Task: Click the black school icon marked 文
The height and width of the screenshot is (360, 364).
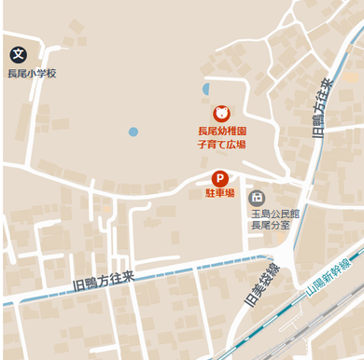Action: [x=19, y=56]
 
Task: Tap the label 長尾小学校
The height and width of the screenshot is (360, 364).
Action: [x=33, y=74]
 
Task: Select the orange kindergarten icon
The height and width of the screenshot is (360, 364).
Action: [x=221, y=114]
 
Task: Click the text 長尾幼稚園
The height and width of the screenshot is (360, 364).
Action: [x=221, y=132]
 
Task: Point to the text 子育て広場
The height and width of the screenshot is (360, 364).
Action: [x=221, y=145]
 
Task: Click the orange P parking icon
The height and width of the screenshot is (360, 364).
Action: [x=220, y=178]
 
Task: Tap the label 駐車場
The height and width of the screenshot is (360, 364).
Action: [x=220, y=195]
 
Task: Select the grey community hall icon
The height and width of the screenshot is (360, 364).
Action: [x=257, y=198]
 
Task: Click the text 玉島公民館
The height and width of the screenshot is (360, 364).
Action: [x=271, y=213]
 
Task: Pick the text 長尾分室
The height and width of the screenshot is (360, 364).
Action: [x=271, y=225]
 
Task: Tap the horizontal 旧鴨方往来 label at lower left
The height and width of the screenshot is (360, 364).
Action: [x=103, y=280]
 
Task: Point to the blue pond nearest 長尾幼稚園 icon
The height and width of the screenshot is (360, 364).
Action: [x=206, y=90]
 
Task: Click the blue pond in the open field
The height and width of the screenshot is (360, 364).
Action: [x=133, y=132]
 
